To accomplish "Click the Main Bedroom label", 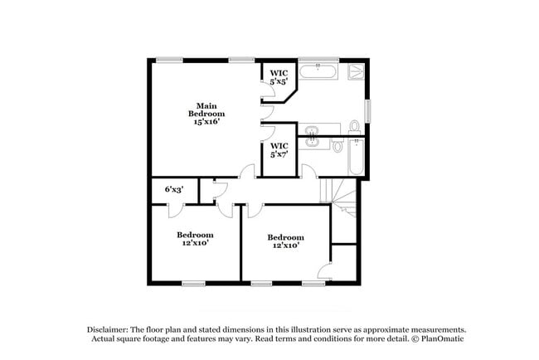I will (206, 109).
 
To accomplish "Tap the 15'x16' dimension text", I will (206, 121).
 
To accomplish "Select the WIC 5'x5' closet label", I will (279, 77).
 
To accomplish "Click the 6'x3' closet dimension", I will (174, 190).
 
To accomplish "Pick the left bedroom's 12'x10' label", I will (196, 238).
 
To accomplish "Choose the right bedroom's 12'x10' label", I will (284, 241).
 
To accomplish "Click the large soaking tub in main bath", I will (318, 71).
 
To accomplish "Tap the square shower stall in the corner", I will (356, 71).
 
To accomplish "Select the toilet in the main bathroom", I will (354, 127).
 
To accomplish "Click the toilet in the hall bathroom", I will (337, 147).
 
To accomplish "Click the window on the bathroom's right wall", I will (369, 110).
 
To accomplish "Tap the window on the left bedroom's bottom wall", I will (193, 284).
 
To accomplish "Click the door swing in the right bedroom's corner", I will (325, 270).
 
